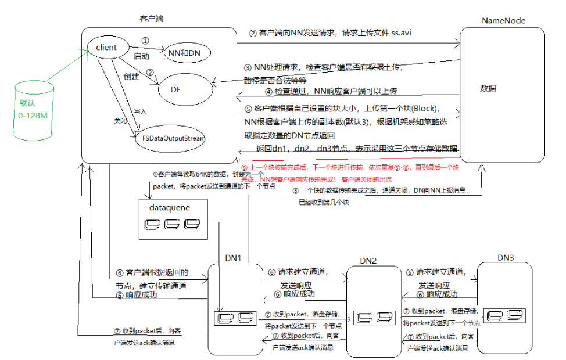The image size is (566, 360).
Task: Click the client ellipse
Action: [x=106, y=47]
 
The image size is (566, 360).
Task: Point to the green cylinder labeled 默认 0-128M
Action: [x=33, y=111]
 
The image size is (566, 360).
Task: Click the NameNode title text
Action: [x=503, y=21]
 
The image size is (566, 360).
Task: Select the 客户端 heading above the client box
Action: [x=152, y=19]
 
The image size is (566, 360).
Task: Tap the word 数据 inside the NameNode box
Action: [x=488, y=89]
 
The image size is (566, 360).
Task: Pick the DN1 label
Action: [x=233, y=257]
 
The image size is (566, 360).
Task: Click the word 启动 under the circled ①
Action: [x=141, y=56]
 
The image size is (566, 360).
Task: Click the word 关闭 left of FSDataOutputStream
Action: [x=120, y=121]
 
